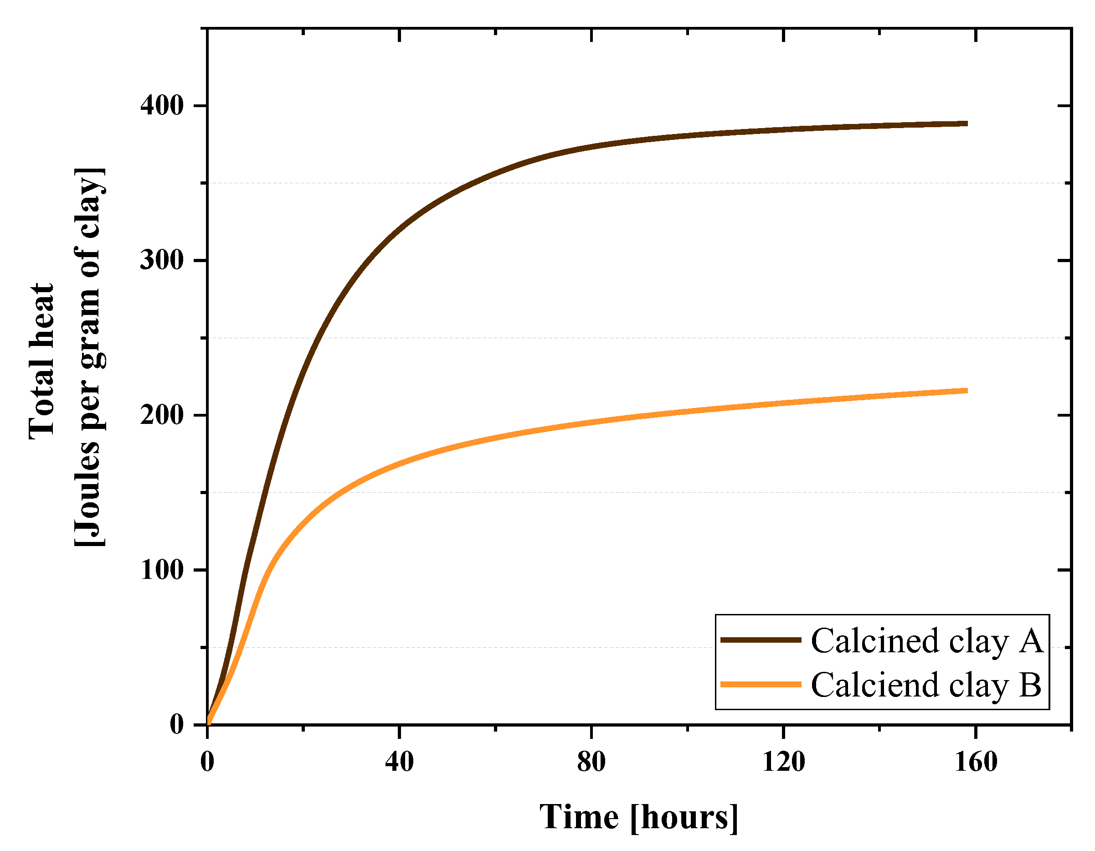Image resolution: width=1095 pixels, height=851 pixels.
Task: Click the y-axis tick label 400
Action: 162,106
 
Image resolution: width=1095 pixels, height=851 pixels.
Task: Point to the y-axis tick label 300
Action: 162,260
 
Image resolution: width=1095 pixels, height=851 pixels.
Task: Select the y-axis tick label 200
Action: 162,415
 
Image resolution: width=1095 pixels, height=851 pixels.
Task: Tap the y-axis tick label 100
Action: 162,570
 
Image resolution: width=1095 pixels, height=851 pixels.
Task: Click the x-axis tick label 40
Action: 400,762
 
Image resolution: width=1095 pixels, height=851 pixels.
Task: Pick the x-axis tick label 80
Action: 591,762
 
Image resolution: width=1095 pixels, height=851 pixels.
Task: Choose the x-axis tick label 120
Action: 783,762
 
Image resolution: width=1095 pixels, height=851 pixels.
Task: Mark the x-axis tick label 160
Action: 976,762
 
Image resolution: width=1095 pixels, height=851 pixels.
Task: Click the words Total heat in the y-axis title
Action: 41,361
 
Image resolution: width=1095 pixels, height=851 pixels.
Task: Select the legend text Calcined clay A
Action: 926,641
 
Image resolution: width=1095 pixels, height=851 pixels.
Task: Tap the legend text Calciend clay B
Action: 926,685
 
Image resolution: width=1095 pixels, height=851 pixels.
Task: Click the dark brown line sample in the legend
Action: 761,640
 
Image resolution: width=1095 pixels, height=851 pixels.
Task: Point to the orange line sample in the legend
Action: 761,684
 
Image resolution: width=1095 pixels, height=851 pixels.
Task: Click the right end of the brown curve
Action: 966,124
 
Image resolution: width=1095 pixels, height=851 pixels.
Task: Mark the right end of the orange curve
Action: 966,391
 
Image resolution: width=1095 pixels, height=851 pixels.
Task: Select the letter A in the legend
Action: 1030,640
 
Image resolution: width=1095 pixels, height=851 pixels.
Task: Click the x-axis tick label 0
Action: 207,762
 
